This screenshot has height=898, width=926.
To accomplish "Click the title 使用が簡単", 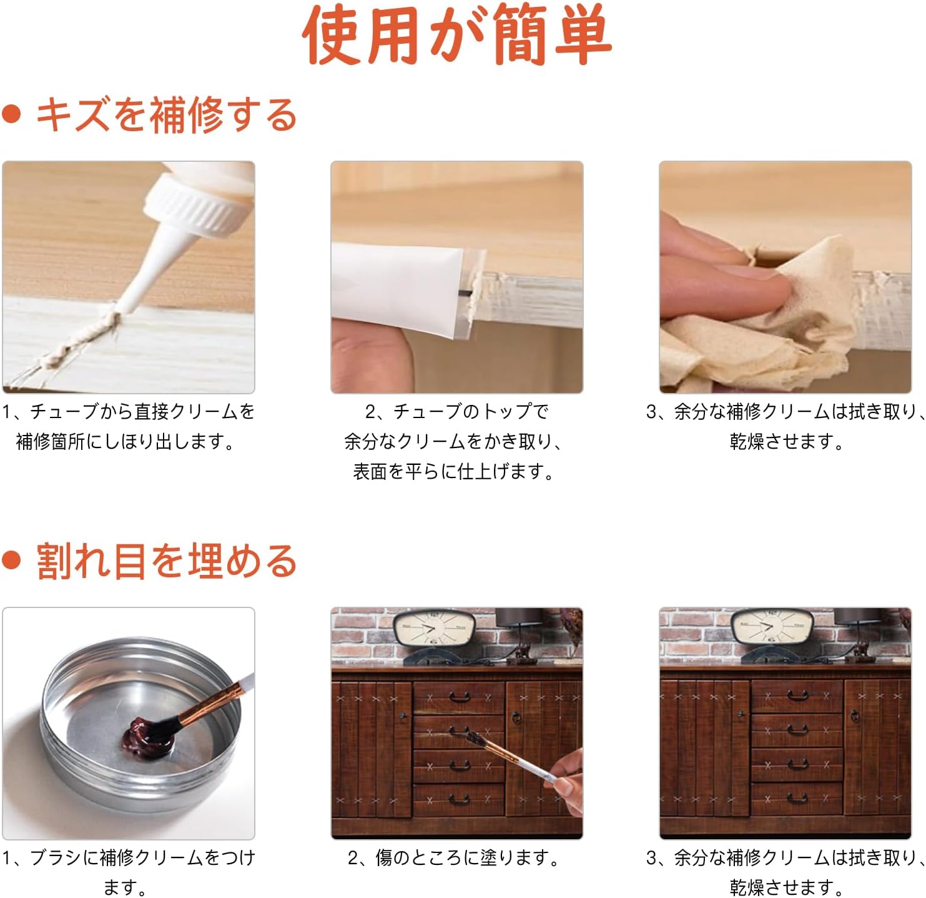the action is coord(457,36).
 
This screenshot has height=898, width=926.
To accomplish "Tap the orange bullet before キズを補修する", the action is coord(11,114).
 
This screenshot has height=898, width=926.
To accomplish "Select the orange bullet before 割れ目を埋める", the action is coord(11,560).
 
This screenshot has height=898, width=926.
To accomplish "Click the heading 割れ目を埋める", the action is coord(167,561).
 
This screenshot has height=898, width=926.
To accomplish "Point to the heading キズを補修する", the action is coord(167,115).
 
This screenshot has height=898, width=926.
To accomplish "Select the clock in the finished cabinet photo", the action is coord(772,627).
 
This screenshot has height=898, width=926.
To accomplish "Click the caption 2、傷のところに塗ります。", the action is coord(455,857).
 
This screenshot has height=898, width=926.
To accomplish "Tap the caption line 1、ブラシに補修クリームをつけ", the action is coord(129,857).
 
